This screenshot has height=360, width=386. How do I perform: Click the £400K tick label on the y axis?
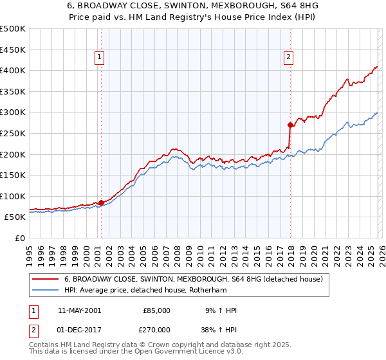click(13, 71)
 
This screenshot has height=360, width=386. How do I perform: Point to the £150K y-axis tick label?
click(13, 175)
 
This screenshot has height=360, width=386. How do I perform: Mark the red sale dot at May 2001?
click(101, 203)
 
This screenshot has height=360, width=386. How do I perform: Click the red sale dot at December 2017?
click(290, 125)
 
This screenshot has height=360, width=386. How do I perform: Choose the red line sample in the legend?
click(45, 280)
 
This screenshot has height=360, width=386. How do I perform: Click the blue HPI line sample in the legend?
click(45, 290)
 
